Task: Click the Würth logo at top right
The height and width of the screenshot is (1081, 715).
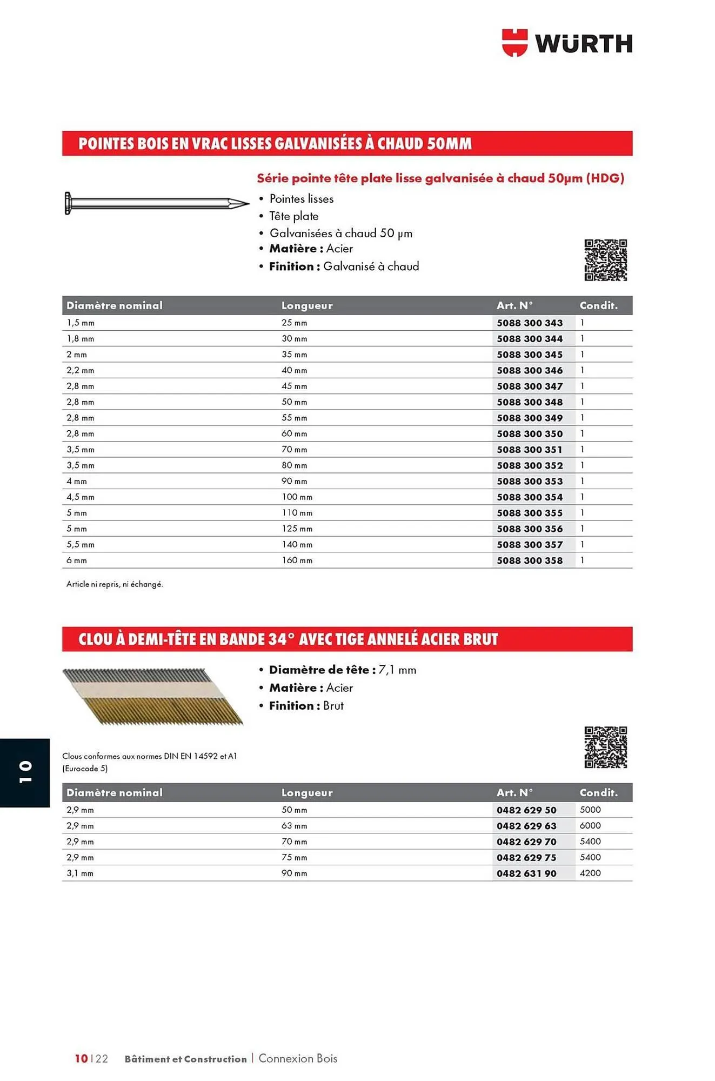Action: pyautogui.click(x=567, y=43)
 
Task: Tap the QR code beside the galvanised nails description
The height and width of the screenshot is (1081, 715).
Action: pyautogui.click(x=605, y=260)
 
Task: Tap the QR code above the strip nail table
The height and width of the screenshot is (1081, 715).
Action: pyautogui.click(x=605, y=747)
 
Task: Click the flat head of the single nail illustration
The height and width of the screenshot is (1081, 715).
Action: pyautogui.click(x=68, y=203)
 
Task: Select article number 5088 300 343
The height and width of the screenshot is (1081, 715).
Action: pyautogui.click(x=530, y=323)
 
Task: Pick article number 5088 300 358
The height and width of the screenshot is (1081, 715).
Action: pyautogui.click(x=530, y=560)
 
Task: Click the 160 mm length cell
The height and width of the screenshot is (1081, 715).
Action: pyautogui.click(x=297, y=560)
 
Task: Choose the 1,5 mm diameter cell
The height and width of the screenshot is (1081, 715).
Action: pyautogui.click(x=81, y=323)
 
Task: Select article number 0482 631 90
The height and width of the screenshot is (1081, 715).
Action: pyautogui.click(x=526, y=873)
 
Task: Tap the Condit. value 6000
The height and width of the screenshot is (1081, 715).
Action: pyautogui.click(x=590, y=825)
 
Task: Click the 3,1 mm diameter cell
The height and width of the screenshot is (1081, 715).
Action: pyautogui.click(x=80, y=873)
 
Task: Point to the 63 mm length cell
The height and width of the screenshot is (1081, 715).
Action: pyautogui.click(x=294, y=826)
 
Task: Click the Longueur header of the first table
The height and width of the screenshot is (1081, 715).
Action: pyautogui.click(x=307, y=306)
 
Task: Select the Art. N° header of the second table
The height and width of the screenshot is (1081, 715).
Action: pyautogui.click(x=514, y=793)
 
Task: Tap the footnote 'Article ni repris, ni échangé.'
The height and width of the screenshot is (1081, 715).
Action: pyautogui.click(x=115, y=584)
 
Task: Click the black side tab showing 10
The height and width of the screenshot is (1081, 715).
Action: pyautogui.click(x=25, y=772)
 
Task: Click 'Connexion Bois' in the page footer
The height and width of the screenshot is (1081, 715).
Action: pyautogui.click(x=298, y=1058)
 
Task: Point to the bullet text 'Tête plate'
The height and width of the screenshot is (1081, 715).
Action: pyautogui.click(x=294, y=216)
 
